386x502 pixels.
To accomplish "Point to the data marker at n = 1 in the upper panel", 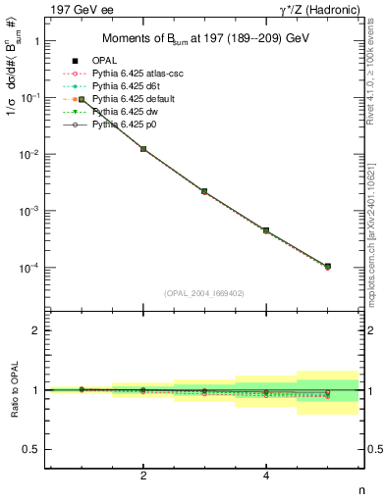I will point(83,99).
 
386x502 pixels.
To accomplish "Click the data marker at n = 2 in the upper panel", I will point(143,149).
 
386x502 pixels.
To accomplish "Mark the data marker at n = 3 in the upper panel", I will point(205,191).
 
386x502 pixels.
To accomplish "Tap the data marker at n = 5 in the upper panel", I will point(328,267).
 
